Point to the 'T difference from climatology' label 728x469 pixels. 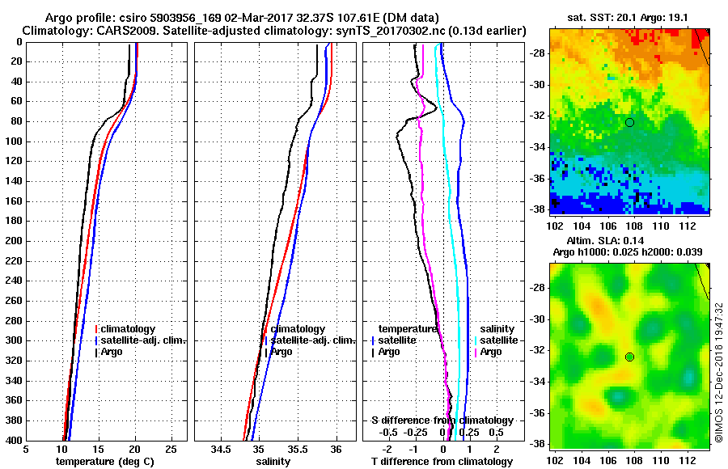point(442,462)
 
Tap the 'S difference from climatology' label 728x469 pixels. point(442,420)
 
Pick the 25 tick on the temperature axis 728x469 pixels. point(171,449)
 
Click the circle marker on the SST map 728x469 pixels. point(629,122)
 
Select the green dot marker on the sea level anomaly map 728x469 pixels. point(629,357)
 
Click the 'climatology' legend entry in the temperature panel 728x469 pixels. point(128,329)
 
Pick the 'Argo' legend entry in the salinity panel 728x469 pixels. point(281,352)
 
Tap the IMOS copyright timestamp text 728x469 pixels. point(718,371)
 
